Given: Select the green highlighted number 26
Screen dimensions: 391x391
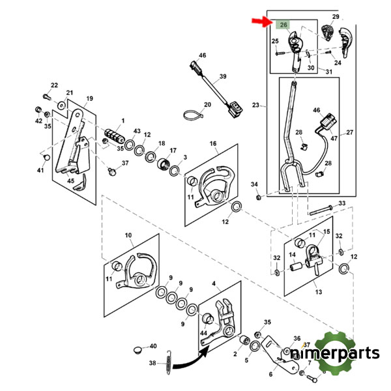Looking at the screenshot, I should (x=283, y=25).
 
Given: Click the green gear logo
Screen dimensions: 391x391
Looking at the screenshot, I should (x=339, y=353).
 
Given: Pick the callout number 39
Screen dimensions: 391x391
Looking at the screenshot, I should (x=223, y=77).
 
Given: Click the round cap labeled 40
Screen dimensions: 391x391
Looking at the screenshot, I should (x=137, y=350).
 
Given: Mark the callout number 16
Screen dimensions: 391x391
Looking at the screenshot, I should (x=212, y=143).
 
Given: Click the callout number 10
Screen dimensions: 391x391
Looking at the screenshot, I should (x=128, y=235).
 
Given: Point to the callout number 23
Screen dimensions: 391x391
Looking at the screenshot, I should (x=255, y=105).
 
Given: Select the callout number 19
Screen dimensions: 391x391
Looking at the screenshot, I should (x=89, y=98).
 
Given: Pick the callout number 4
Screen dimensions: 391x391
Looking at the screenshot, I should (x=212, y=283).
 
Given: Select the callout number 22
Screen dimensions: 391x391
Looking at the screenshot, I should (x=54, y=85).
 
